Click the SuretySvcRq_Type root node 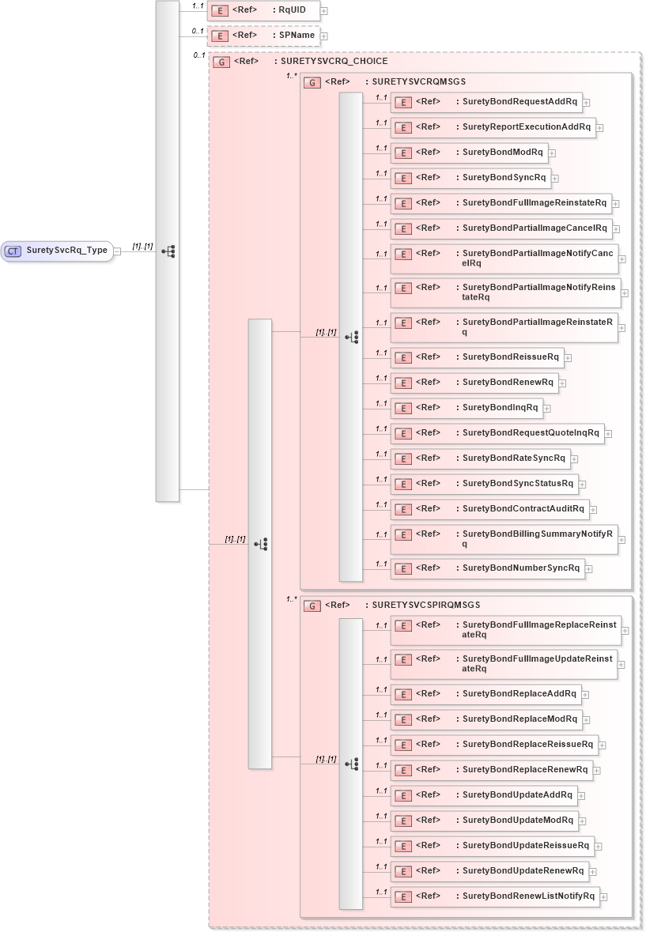point(57,251)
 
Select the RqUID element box point(263,11)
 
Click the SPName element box point(263,36)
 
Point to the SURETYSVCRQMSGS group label point(418,81)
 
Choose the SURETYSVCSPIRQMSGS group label point(425,605)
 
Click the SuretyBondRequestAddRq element point(486,102)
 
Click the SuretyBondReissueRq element point(477,357)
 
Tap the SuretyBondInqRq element point(467,408)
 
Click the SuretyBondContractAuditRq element point(489,509)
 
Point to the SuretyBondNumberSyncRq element point(488,568)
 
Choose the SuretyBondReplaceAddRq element point(485,694)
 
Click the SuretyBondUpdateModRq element point(484,821)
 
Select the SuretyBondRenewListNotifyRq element point(495,896)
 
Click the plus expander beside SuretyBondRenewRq point(563,383)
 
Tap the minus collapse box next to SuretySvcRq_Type point(117,251)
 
